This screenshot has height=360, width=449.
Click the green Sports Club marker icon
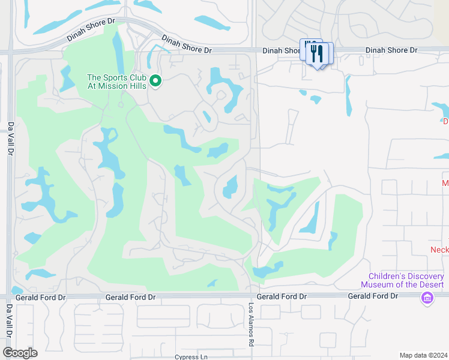[x=156, y=80]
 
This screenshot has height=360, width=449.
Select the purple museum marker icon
[x=427, y=297]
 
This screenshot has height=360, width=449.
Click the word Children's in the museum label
[x=385, y=275]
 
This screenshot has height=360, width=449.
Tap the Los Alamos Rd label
[x=252, y=324]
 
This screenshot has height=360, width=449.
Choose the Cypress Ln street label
[x=191, y=357]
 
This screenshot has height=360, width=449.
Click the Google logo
[x=20, y=353]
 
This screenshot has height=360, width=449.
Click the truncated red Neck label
[x=439, y=249]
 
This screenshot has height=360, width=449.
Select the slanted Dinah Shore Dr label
[x=91, y=29]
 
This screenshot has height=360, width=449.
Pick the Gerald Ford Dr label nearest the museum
[x=373, y=296]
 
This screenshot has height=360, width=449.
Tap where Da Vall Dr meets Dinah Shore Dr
[x=10, y=53]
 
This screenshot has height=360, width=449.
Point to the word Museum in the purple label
[x=378, y=284]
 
